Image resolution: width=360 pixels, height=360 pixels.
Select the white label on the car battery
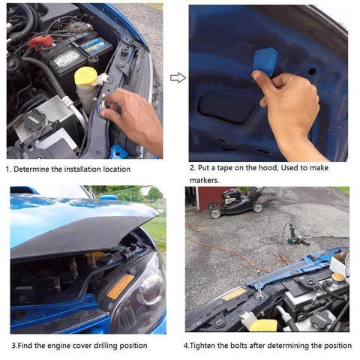click(67, 57)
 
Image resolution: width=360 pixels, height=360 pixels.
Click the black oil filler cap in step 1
click(34, 120)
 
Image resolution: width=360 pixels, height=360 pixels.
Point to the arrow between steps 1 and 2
click(177, 77)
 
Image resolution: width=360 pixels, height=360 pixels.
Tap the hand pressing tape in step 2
click(289, 101)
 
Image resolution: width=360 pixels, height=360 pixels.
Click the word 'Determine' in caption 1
click(35, 169)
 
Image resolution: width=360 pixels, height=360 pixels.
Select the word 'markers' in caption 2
click(204, 180)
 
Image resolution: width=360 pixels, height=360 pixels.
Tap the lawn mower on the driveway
click(232, 202)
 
